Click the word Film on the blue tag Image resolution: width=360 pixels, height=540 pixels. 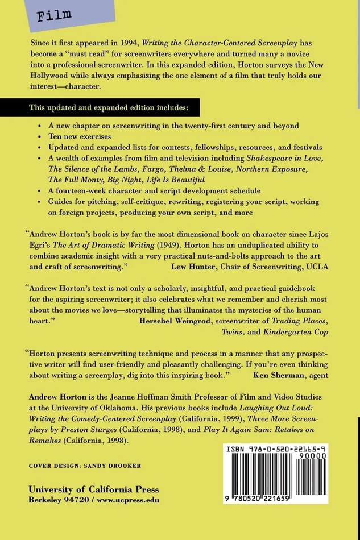pyautogui.click(x=54, y=15)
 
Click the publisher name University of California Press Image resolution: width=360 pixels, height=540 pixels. pyautogui.click(x=94, y=489)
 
